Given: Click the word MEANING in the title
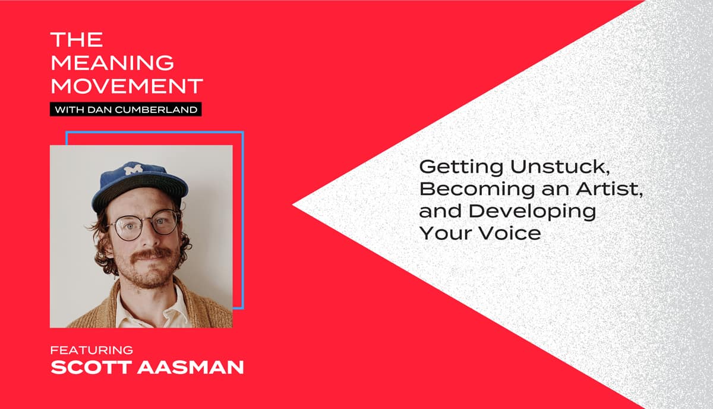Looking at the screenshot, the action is pos(112,62).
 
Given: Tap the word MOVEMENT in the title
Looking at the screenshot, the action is pos(127,86).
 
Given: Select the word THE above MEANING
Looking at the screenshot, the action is pos(77,39).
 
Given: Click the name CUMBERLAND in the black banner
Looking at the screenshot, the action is pos(156,109).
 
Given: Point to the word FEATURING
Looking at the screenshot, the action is pos(92,350).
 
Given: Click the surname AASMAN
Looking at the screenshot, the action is pos(191,367).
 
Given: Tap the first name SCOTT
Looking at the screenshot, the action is pos(92,367).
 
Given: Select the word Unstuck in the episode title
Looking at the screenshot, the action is pos(560,166).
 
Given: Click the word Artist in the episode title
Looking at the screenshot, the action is pos(609,188).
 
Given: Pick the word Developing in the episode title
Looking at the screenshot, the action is pos(532,212).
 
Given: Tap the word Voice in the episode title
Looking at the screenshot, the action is pos(510,233).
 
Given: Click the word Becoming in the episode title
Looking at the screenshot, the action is pos(477,190).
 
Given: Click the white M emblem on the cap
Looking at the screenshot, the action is pos(134,168).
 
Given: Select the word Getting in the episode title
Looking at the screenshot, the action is pos(462,167).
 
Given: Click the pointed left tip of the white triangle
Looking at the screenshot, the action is pos(293,205).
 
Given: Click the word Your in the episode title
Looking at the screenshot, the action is pos(447,233).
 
